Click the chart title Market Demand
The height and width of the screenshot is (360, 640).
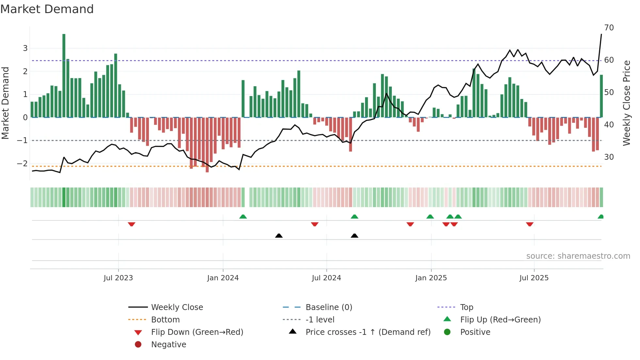point(47,9)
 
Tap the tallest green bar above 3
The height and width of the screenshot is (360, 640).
point(64,75)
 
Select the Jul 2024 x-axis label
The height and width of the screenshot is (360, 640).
point(326,278)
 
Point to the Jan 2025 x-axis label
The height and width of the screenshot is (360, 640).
point(431,278)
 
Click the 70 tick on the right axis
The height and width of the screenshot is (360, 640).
point(609,28)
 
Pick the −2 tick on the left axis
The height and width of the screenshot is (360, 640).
point(22,163)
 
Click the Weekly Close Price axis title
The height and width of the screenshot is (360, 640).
point(626,103)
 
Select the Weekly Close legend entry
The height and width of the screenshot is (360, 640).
point(177,307)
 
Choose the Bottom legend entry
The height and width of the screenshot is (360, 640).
point(165,320)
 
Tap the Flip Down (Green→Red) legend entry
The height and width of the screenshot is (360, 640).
point(197,332)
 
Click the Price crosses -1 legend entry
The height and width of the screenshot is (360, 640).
point(368,332)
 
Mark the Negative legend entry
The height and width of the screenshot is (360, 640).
point(168,345)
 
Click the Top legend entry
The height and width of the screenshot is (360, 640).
point(466,307)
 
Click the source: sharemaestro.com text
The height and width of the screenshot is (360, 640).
point(578,256)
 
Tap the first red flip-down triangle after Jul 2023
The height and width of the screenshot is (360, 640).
point(132,224)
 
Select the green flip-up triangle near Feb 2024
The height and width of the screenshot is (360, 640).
point(243,217)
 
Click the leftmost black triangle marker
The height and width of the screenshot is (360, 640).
point(279,236)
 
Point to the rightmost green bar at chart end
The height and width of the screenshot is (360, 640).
point(601,96)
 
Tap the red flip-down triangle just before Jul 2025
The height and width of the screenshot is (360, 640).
point(530,224)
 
